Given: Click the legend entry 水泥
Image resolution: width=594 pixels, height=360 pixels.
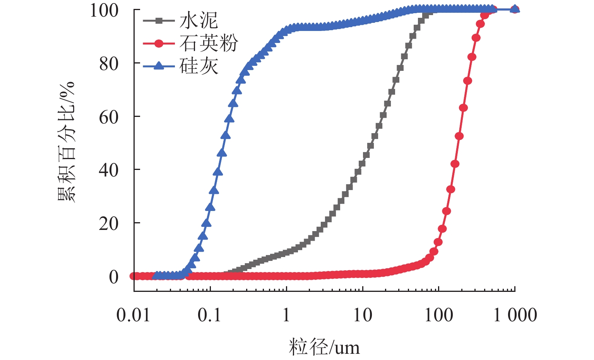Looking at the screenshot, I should [199, 20].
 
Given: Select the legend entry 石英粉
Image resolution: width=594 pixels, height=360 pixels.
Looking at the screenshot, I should [208, 43].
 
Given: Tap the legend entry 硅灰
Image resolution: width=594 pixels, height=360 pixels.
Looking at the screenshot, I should [199, 66].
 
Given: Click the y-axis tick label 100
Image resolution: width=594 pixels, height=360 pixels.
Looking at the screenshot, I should [104, 10].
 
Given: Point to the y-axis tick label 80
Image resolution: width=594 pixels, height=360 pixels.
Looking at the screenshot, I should [109, 64].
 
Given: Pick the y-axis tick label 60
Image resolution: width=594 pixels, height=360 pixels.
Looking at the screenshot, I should [109, 117].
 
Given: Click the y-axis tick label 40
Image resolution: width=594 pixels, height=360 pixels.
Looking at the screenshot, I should [109, 170].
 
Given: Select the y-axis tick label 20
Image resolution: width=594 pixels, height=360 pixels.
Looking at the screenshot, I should [109, 223].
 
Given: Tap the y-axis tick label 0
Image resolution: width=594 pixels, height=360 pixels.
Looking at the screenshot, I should [113, 277].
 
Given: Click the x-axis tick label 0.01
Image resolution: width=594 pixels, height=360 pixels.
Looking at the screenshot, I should [134, 315].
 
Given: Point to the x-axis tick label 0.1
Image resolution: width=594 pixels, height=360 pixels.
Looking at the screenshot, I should [210, 315].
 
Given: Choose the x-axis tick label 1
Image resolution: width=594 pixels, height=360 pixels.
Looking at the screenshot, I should [286, 315].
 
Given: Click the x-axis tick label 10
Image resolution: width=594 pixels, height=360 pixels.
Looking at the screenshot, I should [362, 315].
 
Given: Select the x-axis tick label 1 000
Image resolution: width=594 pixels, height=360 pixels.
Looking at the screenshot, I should [515, 315].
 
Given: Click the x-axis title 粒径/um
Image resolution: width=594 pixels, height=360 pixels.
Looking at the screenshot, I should [324, 347].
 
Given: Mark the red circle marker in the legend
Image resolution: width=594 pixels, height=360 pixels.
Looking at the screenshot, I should [159, 43].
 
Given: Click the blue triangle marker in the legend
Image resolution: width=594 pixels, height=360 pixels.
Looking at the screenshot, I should [159, 66].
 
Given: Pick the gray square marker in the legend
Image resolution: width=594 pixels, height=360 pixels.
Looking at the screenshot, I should [159, 20].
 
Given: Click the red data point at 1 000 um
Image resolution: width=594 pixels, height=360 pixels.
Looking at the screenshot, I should [515, 9].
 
